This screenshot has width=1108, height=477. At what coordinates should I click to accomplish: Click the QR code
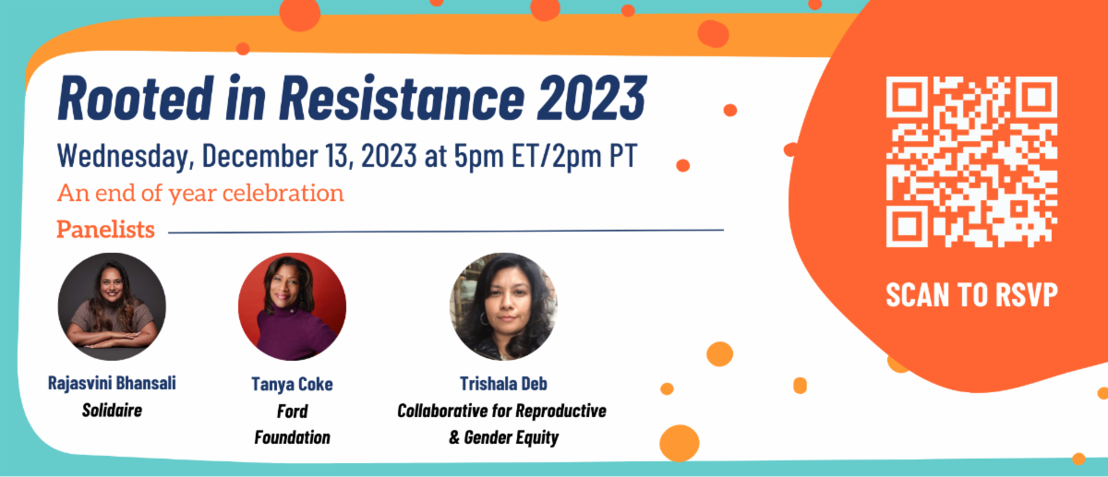click(x=971, y=161)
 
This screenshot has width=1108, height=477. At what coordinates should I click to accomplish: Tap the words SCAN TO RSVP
click(x=971, y=294)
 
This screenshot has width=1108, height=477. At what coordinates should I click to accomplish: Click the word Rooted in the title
click(x=136, y=98)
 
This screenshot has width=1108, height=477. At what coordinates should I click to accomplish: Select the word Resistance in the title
click(x=402, y=98)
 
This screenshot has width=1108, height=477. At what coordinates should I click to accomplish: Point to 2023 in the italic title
click(x=592, y=98)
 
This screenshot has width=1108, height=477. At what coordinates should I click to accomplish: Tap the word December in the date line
click(x=260, y=155)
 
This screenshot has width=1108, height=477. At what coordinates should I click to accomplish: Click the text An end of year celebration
click(x=200, y=193)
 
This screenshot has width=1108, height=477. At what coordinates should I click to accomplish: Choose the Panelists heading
click(x=105, y=230)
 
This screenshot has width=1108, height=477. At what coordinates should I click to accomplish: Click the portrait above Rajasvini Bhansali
click(x=112, y=306)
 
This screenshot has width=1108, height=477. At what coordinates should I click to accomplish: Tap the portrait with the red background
click(x=293, y=306)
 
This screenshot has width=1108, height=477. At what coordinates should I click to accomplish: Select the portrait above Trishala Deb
click(x=503, y=306)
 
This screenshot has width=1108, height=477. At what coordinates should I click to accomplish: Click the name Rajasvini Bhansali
click(x=112, y=383)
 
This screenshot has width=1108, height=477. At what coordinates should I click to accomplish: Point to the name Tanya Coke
click(x=292, y=385)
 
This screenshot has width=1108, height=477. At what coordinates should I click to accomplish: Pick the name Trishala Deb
click(x=503, y=384)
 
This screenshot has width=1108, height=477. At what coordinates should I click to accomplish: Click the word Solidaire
click(x=112, y=410)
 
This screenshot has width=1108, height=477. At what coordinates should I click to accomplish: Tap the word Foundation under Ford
click(x=292, y=437)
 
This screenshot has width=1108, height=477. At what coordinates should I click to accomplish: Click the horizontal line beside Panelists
click(x=446, y=232)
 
